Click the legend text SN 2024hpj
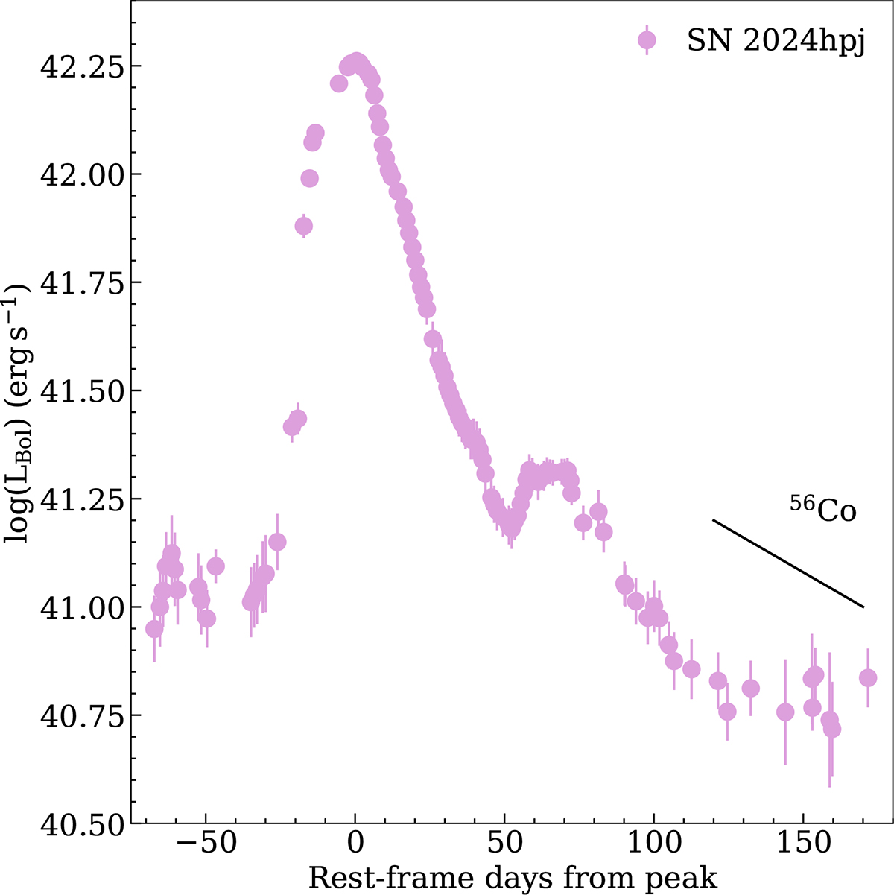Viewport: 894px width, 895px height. [775, 42]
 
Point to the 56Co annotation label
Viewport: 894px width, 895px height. [822, 510]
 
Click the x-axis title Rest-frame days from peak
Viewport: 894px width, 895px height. [513, 878]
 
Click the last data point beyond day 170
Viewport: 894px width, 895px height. [867, 677]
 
